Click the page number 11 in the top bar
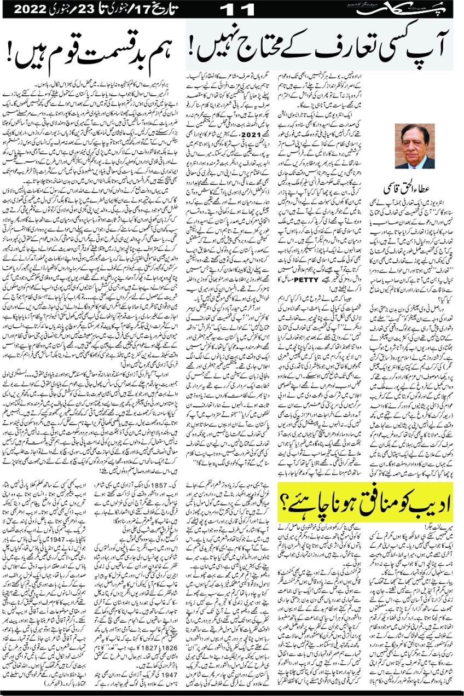[x=234, y=9]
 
